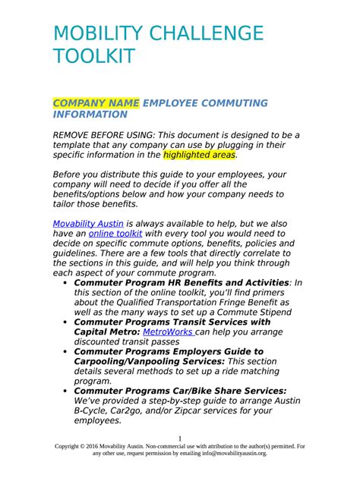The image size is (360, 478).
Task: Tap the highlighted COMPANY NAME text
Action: coord(96,102)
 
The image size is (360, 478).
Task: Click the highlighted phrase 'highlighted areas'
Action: coord(200,155)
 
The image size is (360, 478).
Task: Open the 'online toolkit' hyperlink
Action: coord(115,234)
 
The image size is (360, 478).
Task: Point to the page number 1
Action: coord(179,439)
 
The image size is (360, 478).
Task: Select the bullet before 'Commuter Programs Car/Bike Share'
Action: coord(65,389)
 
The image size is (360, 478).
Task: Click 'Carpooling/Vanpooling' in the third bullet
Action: coord(137,363)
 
